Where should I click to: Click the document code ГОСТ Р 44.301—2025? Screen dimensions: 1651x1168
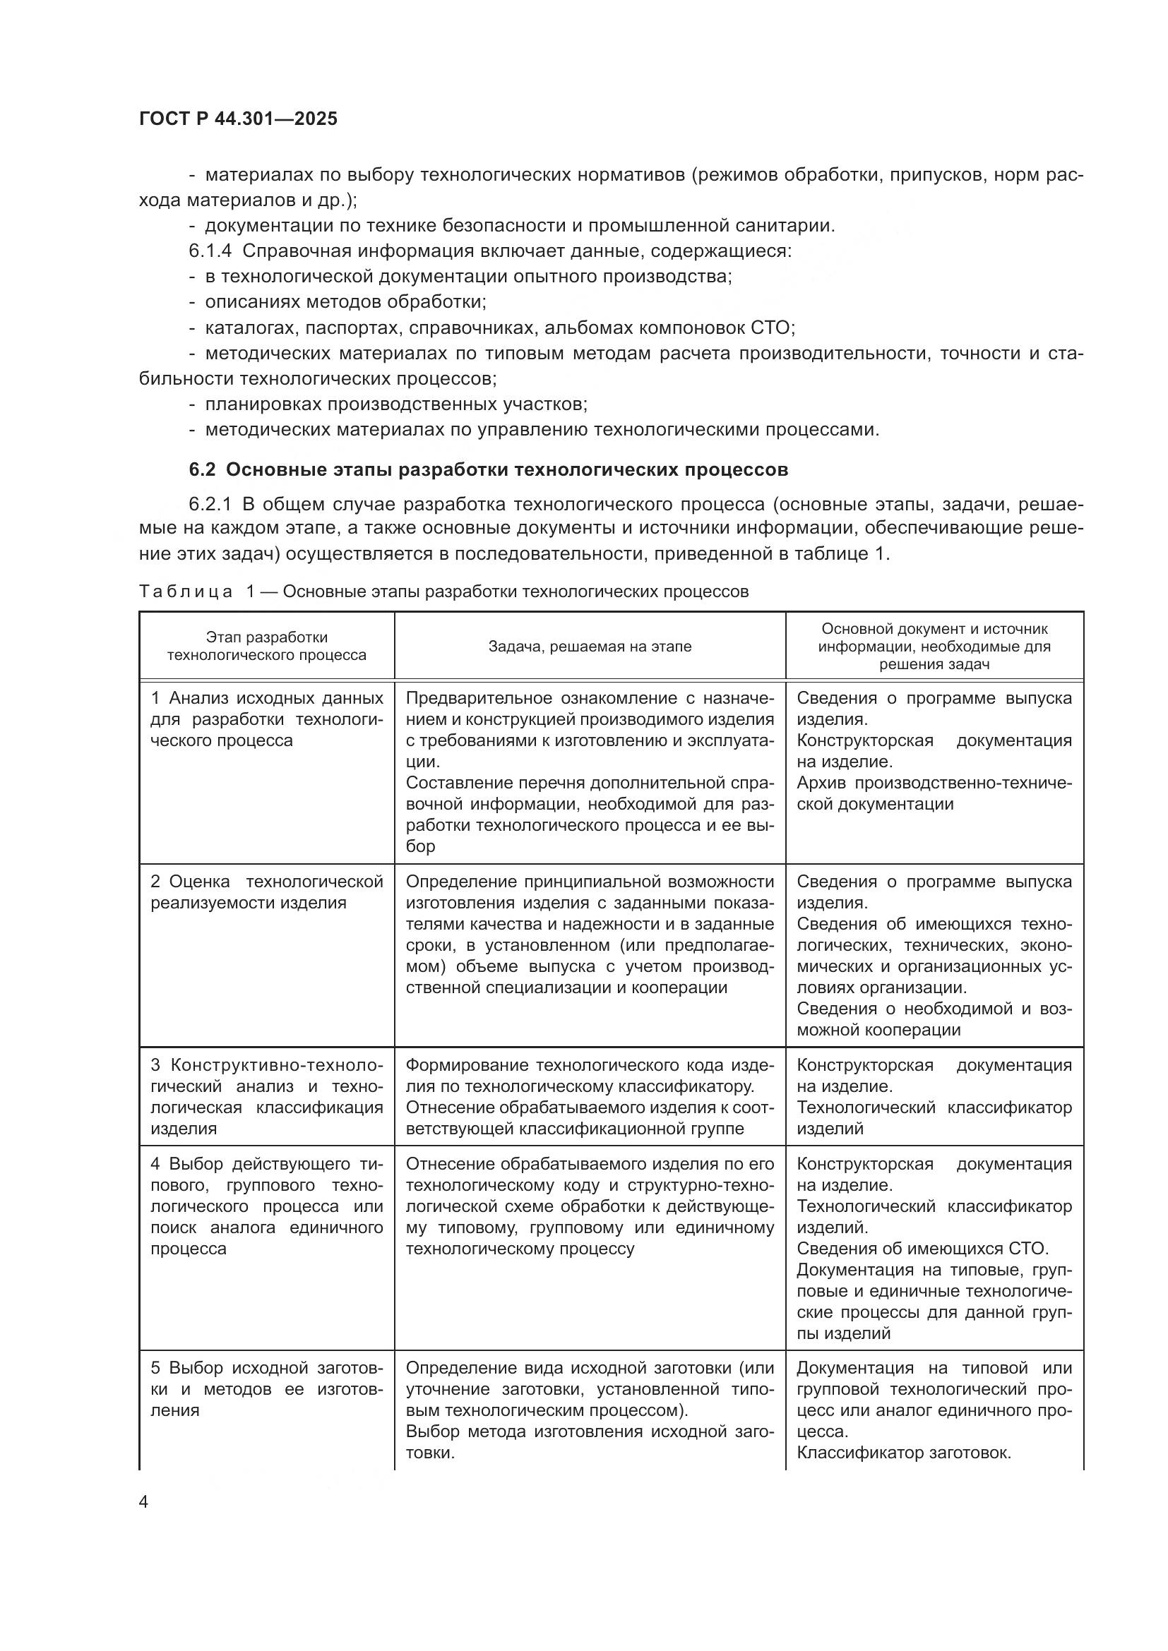point(238,119)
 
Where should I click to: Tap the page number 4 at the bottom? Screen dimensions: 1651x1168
point(144,1501)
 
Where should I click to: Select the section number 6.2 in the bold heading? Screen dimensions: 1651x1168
point(202,469)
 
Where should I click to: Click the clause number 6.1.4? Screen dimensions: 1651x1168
point(210,251)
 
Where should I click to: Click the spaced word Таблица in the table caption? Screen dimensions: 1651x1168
point(186,591)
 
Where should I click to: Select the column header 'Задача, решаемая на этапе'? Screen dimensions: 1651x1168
point(590,646)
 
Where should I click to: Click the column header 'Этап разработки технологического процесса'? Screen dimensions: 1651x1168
point(267,646)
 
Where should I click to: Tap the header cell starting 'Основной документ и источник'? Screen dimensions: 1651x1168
point(934,646)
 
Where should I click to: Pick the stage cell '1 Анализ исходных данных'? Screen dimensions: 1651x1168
point(267,719)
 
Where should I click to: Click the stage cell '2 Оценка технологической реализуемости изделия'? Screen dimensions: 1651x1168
point(267,891)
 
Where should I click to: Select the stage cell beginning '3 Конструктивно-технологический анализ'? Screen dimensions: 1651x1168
point(267,1097)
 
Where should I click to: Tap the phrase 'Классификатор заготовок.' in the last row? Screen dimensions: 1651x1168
point(904,1453)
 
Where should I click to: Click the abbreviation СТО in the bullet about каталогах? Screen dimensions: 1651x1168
point(770,328)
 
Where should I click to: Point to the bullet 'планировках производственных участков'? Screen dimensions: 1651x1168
point(395,404)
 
